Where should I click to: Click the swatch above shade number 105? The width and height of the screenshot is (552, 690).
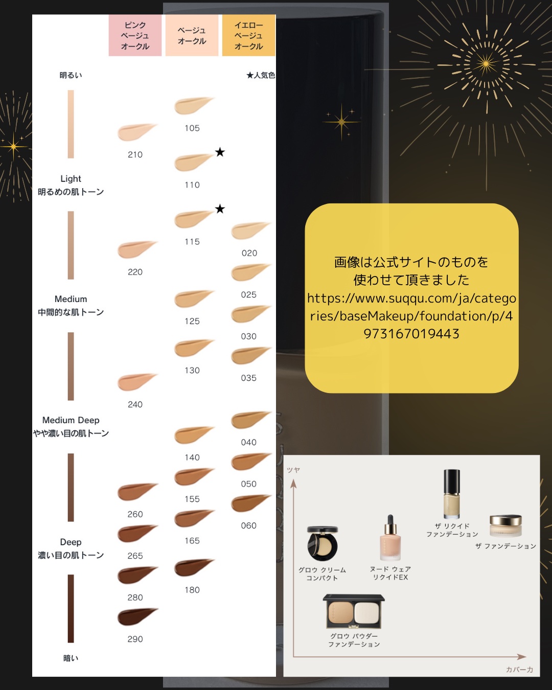pos(192,106)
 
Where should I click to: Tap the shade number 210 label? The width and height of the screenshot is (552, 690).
pos(135,154)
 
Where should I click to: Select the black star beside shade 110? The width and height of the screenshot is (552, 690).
pos(220,152)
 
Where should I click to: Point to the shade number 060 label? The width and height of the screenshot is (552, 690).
pos(249,525)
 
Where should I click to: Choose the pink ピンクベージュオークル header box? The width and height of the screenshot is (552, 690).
pos(135,35)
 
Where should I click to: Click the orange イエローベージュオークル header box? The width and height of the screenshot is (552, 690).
pos(249,35)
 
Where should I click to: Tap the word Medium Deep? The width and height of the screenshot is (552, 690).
pos(71,420)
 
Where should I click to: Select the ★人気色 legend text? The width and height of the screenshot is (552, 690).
pos(261,75)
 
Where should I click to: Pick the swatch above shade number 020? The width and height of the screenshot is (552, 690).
pos(249,231)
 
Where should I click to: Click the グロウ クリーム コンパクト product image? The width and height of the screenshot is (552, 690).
pos(323,544)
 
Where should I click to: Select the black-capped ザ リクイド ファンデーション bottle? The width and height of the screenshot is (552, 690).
pos(452,494)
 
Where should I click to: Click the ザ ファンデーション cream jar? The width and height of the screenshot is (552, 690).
pos(505,526)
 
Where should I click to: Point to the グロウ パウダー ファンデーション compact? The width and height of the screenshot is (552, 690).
pos(354,611)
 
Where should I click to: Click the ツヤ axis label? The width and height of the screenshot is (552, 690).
pos(293,470)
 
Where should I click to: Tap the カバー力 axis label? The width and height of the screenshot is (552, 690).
pos(520,669)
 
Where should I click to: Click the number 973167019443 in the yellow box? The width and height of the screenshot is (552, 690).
pos(411,334)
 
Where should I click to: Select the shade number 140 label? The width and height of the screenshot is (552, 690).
pos(192,457)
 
